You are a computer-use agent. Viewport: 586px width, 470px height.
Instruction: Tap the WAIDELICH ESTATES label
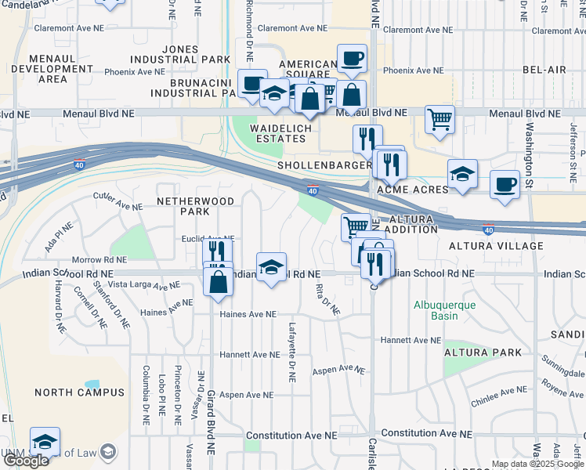277,133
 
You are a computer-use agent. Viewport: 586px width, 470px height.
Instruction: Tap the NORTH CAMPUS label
79,392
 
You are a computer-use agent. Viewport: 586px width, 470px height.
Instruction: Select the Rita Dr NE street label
327,298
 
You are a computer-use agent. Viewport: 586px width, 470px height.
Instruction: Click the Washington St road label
530,153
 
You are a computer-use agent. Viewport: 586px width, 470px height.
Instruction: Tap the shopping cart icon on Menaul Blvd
440,119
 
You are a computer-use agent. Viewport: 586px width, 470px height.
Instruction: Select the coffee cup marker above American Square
352,57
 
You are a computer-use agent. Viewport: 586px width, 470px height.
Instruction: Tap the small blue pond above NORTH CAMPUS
92,385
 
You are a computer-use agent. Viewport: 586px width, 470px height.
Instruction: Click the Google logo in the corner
25,461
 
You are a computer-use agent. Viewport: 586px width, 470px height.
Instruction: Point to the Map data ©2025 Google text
537,463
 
